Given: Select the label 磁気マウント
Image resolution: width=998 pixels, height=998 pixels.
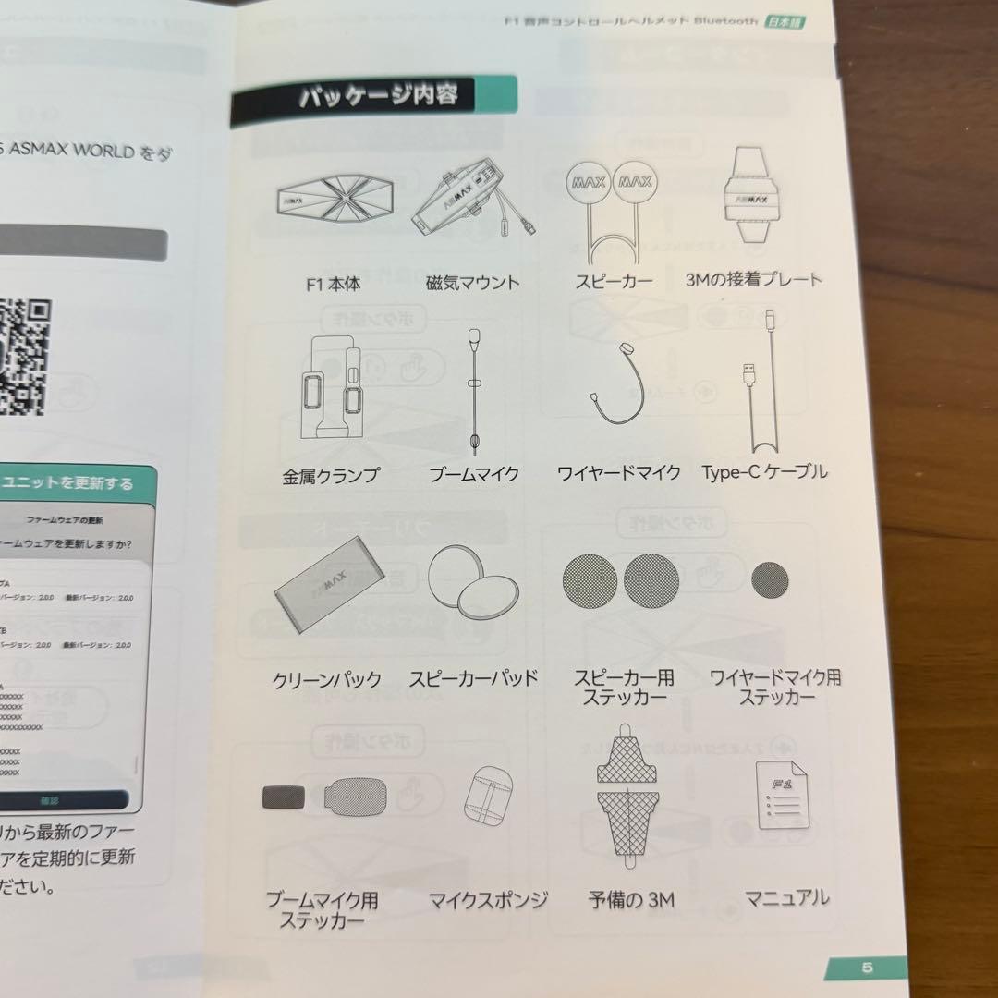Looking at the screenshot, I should tap(472, 283).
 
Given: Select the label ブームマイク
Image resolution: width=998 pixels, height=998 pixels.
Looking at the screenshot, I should tap(473, 474).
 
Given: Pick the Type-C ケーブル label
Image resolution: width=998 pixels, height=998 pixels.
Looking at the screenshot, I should tap(764, 472).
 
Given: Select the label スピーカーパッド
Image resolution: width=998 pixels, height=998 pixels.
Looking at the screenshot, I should tap(473, 678).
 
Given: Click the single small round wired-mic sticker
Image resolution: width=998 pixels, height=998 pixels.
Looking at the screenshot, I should tap(769, 578).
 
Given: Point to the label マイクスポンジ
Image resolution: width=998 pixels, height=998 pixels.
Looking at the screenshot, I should tap(488, 899).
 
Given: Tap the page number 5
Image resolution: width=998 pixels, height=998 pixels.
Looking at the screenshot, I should tap(866, 968).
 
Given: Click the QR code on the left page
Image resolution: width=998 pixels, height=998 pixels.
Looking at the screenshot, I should tap(20, 356).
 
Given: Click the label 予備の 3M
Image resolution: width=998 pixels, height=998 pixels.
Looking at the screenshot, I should tap(631, 899).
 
